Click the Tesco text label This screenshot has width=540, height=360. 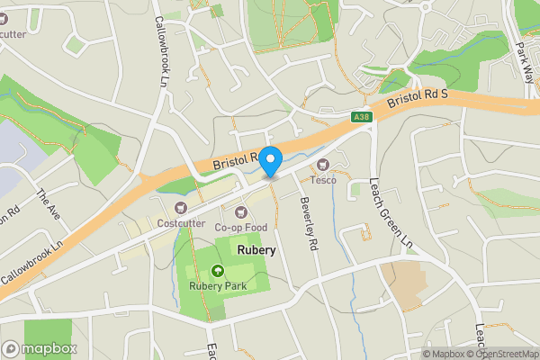(324, 180)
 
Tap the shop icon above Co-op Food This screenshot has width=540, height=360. (240, 211)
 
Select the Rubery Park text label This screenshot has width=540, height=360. (217, 286)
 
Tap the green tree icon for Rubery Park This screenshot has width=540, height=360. (217, 270)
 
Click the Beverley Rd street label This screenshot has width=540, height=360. (309, 223)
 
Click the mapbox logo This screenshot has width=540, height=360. (40, 348)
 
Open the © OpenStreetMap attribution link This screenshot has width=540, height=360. (501, 354)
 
